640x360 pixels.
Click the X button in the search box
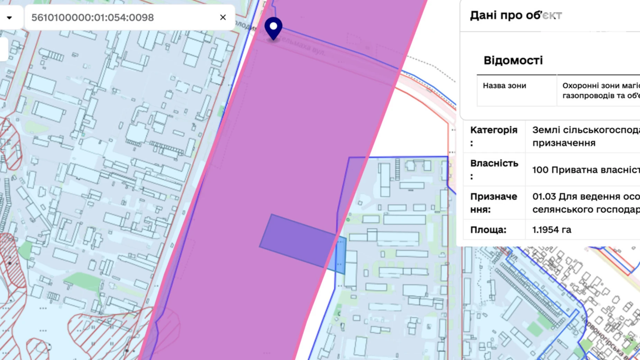(x=223, y=17)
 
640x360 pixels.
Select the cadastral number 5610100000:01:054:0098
(x=92, y=17)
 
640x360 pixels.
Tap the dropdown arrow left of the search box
(x=9, y=17)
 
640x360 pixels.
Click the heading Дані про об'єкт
(x=515, y=15)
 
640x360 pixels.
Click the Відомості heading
(x=513, y=61)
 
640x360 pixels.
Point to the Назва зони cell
(x=504, y=85)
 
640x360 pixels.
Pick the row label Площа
(x=488, y=229)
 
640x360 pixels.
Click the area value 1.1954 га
(x=551, y=229)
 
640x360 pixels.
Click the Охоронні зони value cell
(x=600, y=90)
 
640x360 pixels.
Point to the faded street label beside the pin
(x=304, y=47)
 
